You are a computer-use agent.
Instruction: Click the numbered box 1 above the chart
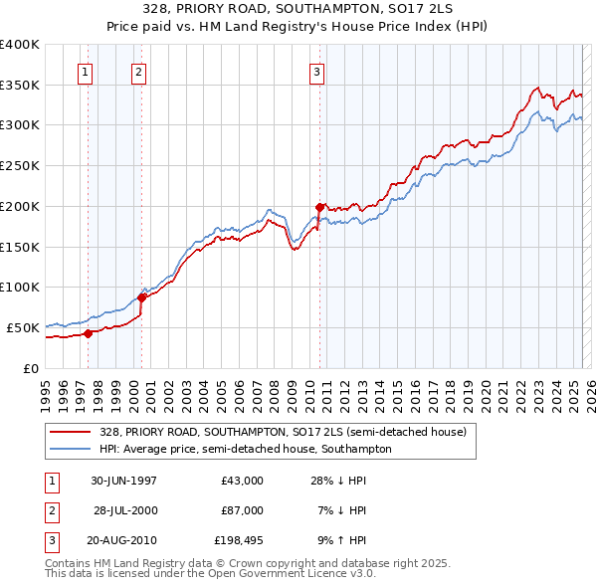click(x=86, y=72)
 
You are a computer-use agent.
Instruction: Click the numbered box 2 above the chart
click(x=138, y=72)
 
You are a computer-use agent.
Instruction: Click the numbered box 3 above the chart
click(x=315, y=72)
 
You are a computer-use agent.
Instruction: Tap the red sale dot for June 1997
click(x=88, y=333)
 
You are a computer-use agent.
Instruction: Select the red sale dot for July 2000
click(x=142, y=297)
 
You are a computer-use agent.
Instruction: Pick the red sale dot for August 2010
click(x=319, y=207)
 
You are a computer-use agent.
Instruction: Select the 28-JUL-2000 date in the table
click(x=125, y=510)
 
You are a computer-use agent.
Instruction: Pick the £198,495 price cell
click(x=239, y=540)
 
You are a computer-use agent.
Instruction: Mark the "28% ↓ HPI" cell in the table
click(x=338, y=481)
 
